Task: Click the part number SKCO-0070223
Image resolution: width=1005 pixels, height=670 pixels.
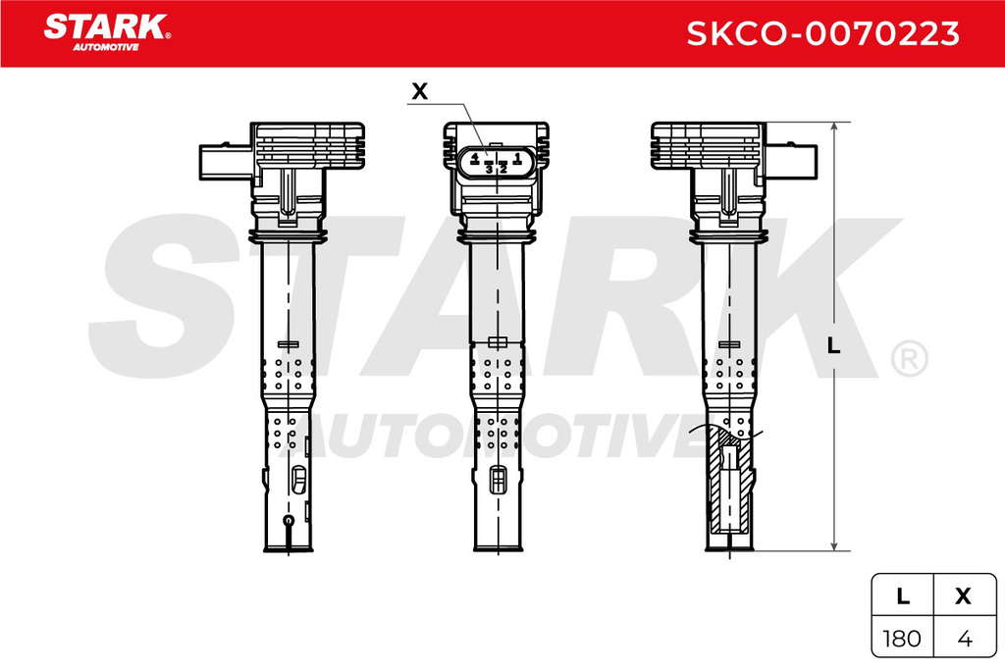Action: point(823,33)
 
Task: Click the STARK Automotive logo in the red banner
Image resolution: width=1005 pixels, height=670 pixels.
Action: point(107,32)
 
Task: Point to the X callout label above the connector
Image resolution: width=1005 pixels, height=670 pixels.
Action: point(420,91)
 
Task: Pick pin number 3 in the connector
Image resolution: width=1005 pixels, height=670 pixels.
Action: point(489,169)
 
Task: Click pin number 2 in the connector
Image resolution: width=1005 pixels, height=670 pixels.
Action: point(503,169)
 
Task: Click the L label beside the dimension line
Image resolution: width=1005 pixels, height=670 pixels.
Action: point(833,346)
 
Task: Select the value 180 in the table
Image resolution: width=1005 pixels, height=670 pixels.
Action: point(902,638)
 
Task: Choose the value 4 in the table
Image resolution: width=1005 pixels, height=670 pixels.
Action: point(965,638)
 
